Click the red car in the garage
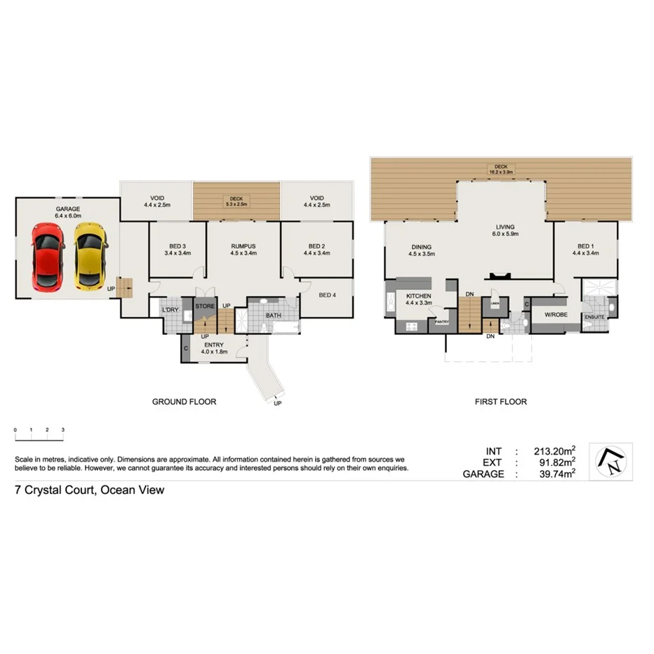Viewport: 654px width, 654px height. pos(47,256)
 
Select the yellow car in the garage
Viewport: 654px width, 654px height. pos(91,256)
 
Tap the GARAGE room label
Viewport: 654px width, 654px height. pos(69,209)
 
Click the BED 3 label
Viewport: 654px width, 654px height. pos(178,246)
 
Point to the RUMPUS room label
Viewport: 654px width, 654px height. pos(242,246)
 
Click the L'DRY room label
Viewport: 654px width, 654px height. pos(171,309)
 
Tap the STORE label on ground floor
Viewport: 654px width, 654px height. pos(205,307)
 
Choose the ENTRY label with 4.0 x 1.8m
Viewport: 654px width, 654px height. pos(214,345)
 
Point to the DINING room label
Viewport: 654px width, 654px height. pos(421,247)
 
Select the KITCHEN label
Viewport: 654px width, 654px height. pos(418,296)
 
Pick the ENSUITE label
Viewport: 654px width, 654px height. pos(594,317)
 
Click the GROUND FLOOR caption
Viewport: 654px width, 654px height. pos(184,402)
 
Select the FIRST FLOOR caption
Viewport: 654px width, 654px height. pos(500,402)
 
